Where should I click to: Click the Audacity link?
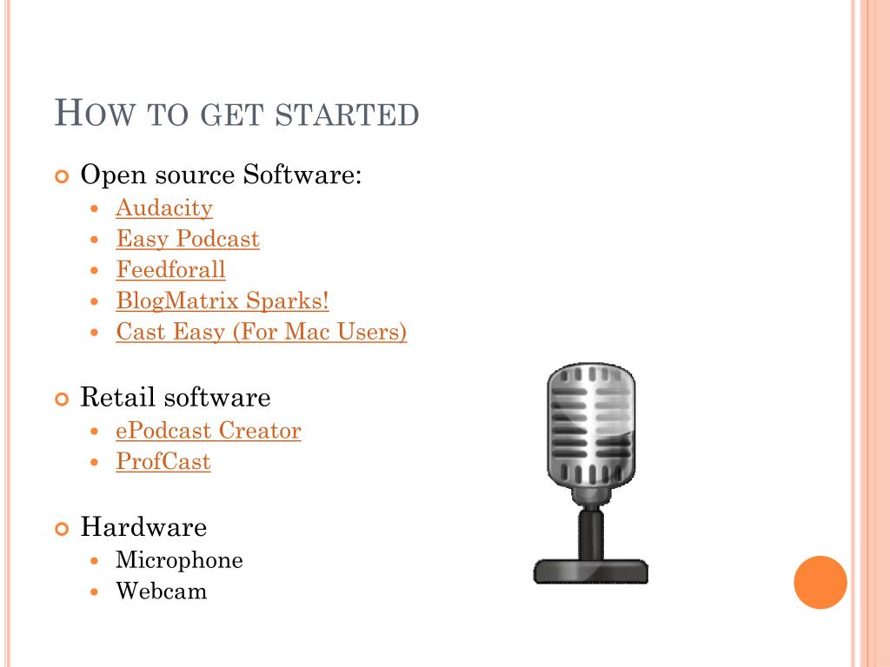pos(163,208)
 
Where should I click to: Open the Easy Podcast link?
pos(188,239)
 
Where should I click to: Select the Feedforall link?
pos(170,270)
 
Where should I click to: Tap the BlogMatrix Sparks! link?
pos(222,301)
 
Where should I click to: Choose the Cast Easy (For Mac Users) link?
pos(261,332)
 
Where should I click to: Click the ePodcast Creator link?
pos(208,431)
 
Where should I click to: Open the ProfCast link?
pos(163,461)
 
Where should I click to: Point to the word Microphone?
pos(179,560)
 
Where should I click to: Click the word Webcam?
pos(162,591)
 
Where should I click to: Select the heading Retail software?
pos(175,398)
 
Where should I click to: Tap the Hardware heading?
pos(143,527)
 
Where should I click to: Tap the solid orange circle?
pos(820,582)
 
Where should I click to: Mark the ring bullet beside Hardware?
pos(61,528)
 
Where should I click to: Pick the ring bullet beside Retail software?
pos(61,399)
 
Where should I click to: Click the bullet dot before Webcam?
pos(96,592)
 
